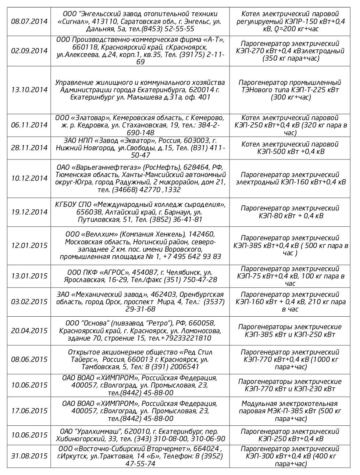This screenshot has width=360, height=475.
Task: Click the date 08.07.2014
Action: click(x=29, y=21)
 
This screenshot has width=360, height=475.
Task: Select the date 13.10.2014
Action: click(x=29, y=90)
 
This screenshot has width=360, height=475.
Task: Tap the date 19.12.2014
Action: click(x=29, y=212)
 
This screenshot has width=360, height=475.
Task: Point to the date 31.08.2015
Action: click(x=29, y=456)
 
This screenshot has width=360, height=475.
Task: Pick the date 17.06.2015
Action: click(x=29, y=411)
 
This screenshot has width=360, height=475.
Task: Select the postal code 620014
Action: click(x=202, y=90)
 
